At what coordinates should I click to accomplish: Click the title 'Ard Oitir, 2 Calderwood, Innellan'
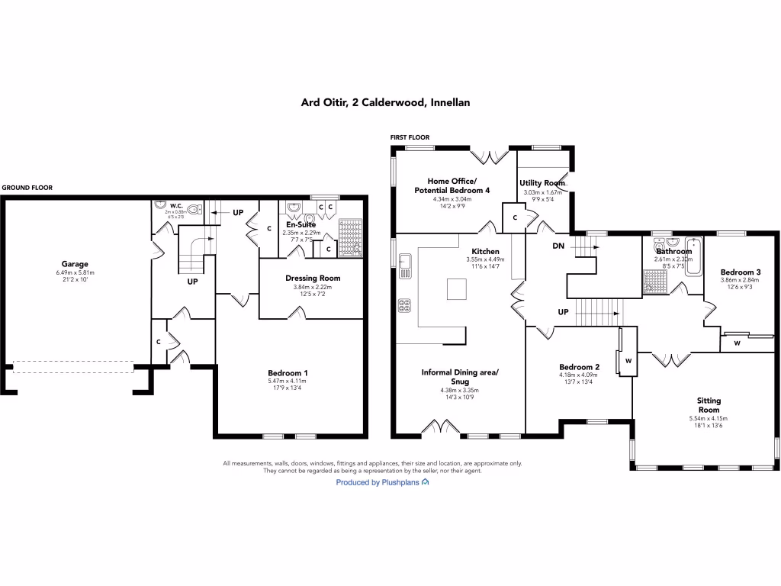(x=390, y=102)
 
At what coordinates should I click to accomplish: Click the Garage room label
(x=74, y=263)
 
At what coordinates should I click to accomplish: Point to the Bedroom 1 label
(x=288, y=372)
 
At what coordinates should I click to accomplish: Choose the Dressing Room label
(x=313, y=278)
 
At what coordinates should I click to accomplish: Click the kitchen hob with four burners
(x=404, y=306)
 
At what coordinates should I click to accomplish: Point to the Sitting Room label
(x=709, y=404)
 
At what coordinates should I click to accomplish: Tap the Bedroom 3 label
(x=740, y=272)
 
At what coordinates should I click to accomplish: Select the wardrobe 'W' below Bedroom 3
(x=737, y=343)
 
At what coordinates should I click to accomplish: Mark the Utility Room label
(x=542, y=183)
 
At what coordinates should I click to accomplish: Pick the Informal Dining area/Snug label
(x=460, y=377)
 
